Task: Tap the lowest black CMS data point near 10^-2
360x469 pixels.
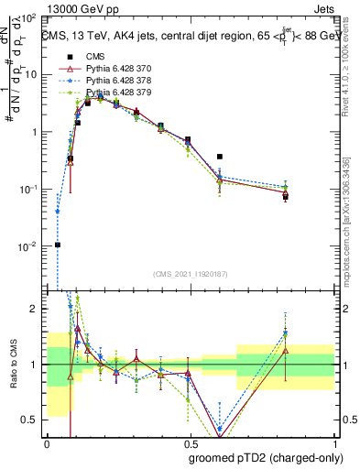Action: pos(58,245)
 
